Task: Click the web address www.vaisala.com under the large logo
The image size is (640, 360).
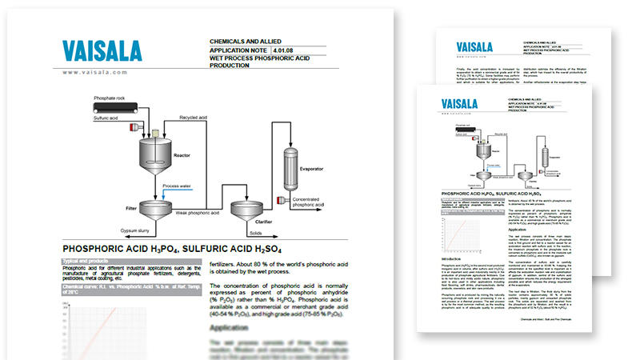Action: (95, 72)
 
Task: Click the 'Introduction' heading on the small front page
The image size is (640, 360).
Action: (450, 258)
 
